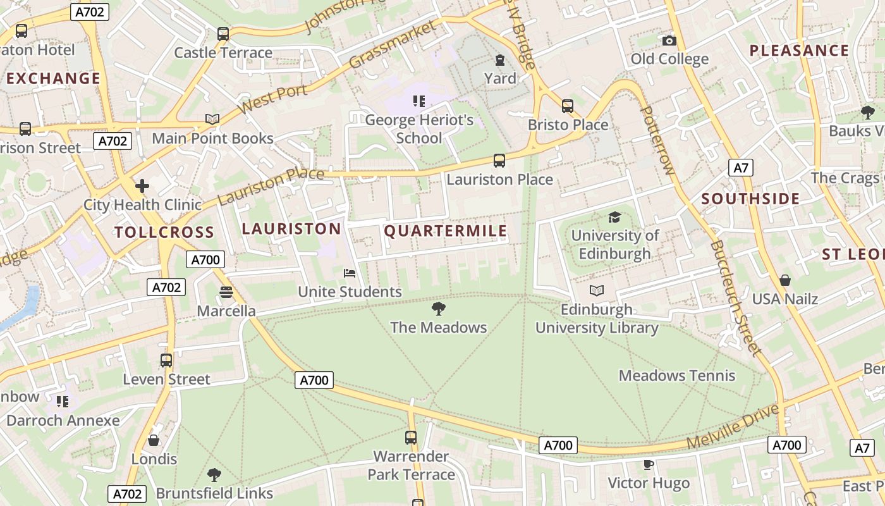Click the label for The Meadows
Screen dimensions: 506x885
(438, 327)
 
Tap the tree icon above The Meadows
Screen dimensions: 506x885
(438, 309)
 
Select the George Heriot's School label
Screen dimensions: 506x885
(419, 129)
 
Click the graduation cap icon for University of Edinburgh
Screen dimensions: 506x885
(614, 218)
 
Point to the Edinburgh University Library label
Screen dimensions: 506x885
(597, 319)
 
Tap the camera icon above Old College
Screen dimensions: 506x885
(669, 41)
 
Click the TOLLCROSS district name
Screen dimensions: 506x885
(164, 232)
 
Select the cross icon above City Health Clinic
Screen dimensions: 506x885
(142, 186)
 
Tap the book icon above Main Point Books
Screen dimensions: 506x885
(212, 119)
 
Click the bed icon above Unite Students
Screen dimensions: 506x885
(350, 273)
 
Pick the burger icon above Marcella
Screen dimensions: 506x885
(226, 292)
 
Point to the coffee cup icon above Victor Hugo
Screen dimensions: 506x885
(648, 465)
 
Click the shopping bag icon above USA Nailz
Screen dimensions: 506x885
(784, 280)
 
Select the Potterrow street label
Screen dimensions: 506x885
(657, 140)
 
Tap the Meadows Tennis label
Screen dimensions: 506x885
(676, 376)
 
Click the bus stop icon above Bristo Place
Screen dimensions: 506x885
(568, 106)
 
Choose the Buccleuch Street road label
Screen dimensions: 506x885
(734, 297)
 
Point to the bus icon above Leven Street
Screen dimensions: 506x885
(166, 361)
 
